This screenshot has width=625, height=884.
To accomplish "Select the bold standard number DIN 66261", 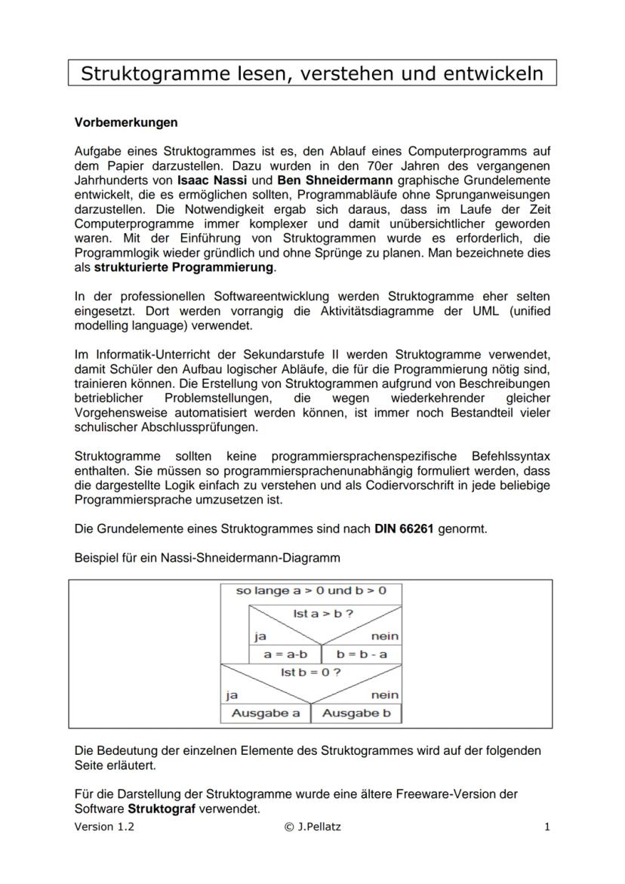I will pos(404,528).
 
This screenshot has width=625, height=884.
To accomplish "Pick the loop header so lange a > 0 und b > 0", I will pos(311,591).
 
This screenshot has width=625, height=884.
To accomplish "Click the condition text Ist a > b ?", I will pos(323,614).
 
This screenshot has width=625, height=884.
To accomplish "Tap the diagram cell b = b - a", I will pos(362,654).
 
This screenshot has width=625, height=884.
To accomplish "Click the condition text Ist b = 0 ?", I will pos(310,672).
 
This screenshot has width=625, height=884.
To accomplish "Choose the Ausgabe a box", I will pos(266,713).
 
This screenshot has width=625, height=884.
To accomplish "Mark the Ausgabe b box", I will pos(356,713).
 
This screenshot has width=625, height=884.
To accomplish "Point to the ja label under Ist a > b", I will pos(260,636).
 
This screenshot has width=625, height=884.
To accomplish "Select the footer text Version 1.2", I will pos(104,827).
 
